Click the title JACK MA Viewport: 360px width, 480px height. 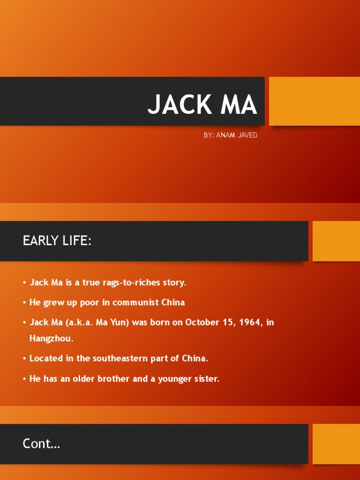pos(202,105)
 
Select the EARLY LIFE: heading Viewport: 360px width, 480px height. pos(57,241)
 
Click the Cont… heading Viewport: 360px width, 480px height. pos(41,443)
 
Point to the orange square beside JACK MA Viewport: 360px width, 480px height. pos(314,101)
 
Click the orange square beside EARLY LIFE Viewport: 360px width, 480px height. pos(336,241)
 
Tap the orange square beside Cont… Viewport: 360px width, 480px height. pos(336,443)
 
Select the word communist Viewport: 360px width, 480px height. pos(135,302)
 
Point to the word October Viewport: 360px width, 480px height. pos(203,322)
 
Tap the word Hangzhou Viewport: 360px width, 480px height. pos(51,338)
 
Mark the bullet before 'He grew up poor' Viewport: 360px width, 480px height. pos(24,303)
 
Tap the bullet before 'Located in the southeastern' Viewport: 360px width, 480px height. pos(24,359)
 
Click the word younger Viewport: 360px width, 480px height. pos(176,379)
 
